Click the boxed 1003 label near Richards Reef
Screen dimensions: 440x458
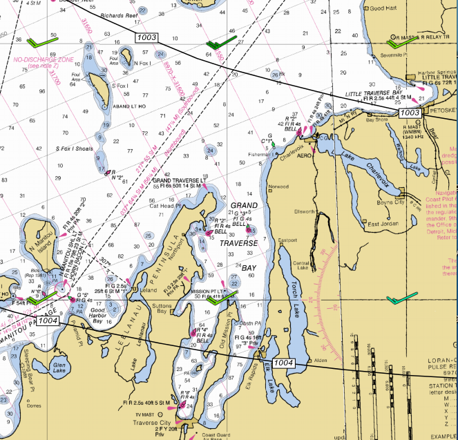(x=148, y=37)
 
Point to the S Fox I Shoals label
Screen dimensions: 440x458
(x=74, y=149)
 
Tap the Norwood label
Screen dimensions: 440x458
(x=278, y=187)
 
